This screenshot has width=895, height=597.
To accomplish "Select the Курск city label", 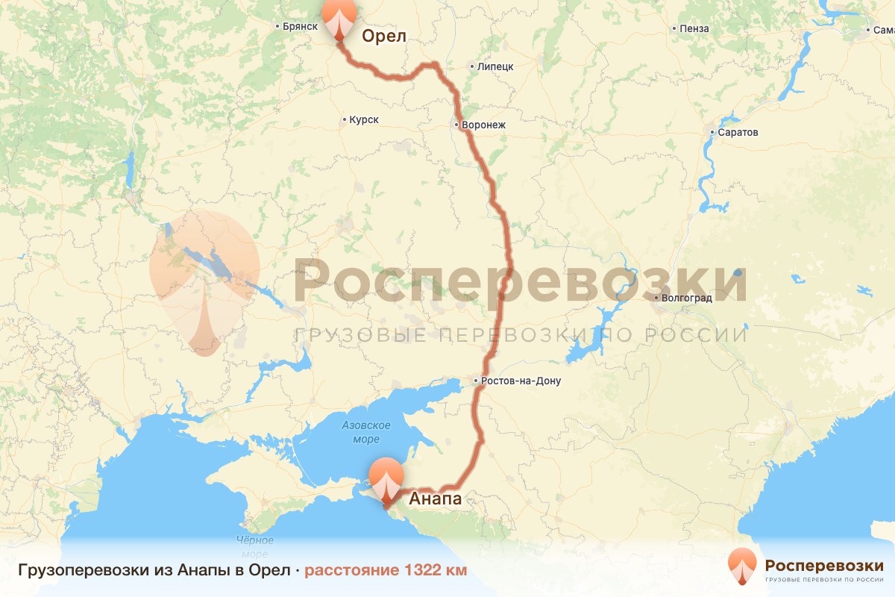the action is [x=363, y=119].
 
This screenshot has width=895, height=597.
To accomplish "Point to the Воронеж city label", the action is [x=483, y=125].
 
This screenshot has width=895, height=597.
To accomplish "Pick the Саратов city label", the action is [x=738, y=132].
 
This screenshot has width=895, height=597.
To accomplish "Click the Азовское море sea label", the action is [x=366, y=432].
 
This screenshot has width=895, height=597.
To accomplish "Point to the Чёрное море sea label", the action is [x=254, y=547].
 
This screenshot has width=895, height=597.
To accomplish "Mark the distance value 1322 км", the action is [x=436, y=571].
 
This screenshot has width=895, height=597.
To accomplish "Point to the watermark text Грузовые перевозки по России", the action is [x=521, y=334].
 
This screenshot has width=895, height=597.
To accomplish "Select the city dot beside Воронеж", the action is [x=456, y=125].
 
